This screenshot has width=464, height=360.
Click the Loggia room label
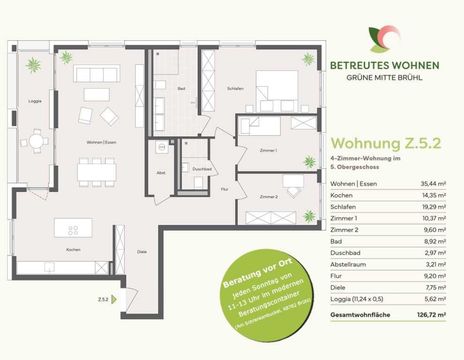(x=35, y=101)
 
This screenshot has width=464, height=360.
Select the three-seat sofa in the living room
(x=97, y=73)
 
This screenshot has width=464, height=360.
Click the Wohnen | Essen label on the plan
(x=102, y=142)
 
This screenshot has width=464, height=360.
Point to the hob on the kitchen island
(x=73, y=230)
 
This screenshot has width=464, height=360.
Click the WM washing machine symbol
(x=162, y=147)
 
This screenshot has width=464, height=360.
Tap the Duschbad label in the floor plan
(x=202, y=169)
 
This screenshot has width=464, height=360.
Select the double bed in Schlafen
(x=277, y=91)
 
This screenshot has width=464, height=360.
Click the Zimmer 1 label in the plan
(x=268, y=150)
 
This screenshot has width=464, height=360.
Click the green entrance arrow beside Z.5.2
(x=114, y=300)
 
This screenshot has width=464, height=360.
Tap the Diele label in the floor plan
(x=142, y=252)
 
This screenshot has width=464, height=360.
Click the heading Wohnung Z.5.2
(x=386, y=143)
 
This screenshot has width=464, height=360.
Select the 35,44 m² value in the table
(x=433, y=184)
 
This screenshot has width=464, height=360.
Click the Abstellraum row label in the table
(x=348, y=264)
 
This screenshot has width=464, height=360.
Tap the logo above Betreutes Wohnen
(x=384, y=39)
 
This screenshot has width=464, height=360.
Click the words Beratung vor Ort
(x=258, y=272)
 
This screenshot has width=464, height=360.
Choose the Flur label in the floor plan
(x=224, y=189)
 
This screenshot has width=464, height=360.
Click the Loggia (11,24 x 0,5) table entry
(x=357, y=299)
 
